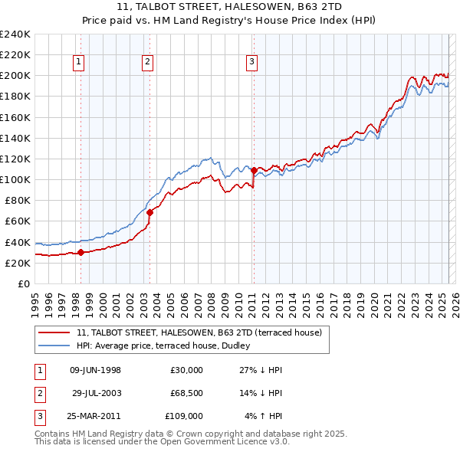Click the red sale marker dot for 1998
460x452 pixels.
coord(80,252)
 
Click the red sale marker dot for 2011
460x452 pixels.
coord(254,170)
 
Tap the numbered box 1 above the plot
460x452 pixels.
coord(80,63)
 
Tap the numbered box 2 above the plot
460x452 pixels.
coord(147,63)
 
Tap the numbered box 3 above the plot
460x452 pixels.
coord(251,63)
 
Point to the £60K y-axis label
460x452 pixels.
coord(17,221)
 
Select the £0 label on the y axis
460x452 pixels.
coord(24,283)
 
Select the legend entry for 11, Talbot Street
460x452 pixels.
coord(203,332)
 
